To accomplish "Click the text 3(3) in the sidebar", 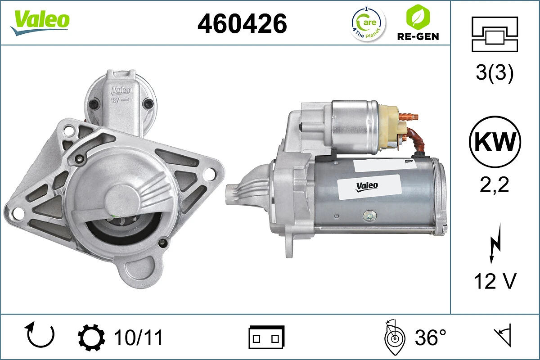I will (495, 74).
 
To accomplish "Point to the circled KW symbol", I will (495, 142).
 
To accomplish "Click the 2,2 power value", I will (495, 184).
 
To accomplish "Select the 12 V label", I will (495, 282).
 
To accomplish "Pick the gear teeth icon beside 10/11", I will (92, 337).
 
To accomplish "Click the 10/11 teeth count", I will (138, 337).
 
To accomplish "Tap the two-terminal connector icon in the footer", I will (266, 337).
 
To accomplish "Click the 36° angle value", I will (430, 337).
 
